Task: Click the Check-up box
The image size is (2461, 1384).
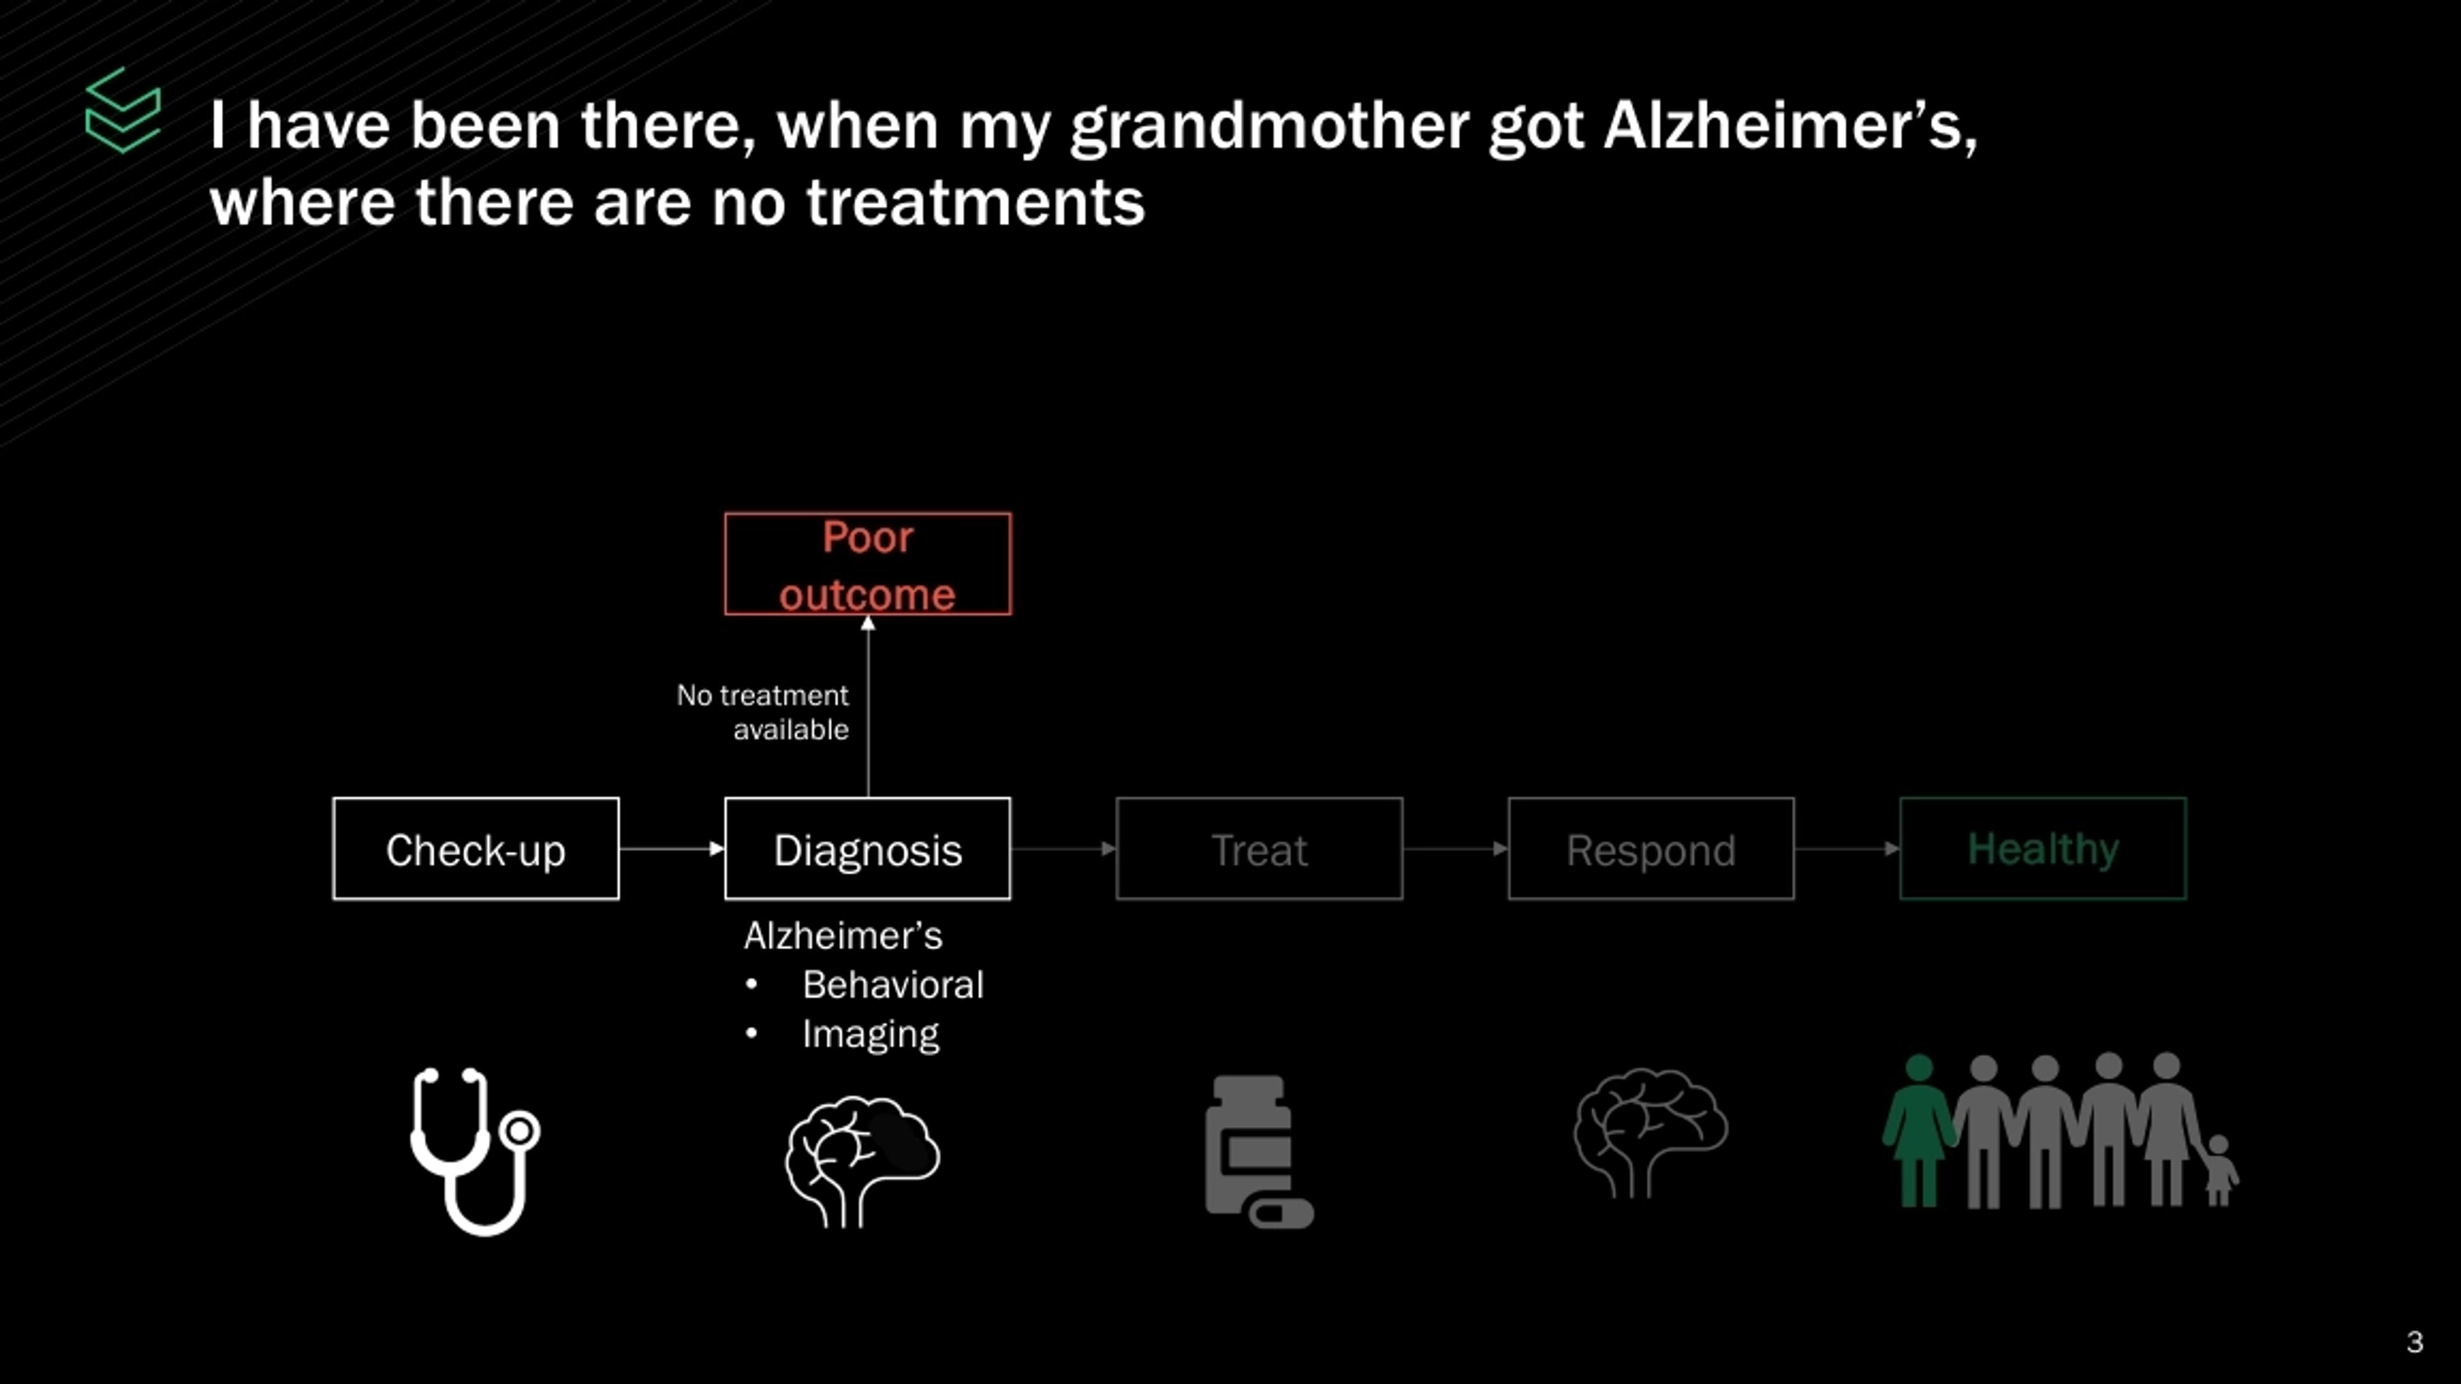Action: (476, 848)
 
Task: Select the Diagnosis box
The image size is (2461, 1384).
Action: (868, 848)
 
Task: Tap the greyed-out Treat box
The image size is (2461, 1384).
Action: (1259, 848)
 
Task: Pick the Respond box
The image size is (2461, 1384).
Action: (1651, 848)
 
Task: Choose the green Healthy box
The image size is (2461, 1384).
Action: (2043, 848)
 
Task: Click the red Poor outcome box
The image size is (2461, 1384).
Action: (868, 564)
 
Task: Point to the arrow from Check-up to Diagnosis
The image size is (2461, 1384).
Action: (672, 848)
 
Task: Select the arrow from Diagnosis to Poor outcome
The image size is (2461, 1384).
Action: (868, 706)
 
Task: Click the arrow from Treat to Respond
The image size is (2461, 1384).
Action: (1455, 848)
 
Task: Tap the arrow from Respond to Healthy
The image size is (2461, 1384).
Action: (1846, 848)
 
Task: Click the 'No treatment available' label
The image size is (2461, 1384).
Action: (763, 712)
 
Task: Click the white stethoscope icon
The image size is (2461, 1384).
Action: (476, 1151)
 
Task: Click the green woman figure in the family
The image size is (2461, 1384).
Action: (1918, 1131)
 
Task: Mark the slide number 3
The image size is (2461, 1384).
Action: (2415, 1342)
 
